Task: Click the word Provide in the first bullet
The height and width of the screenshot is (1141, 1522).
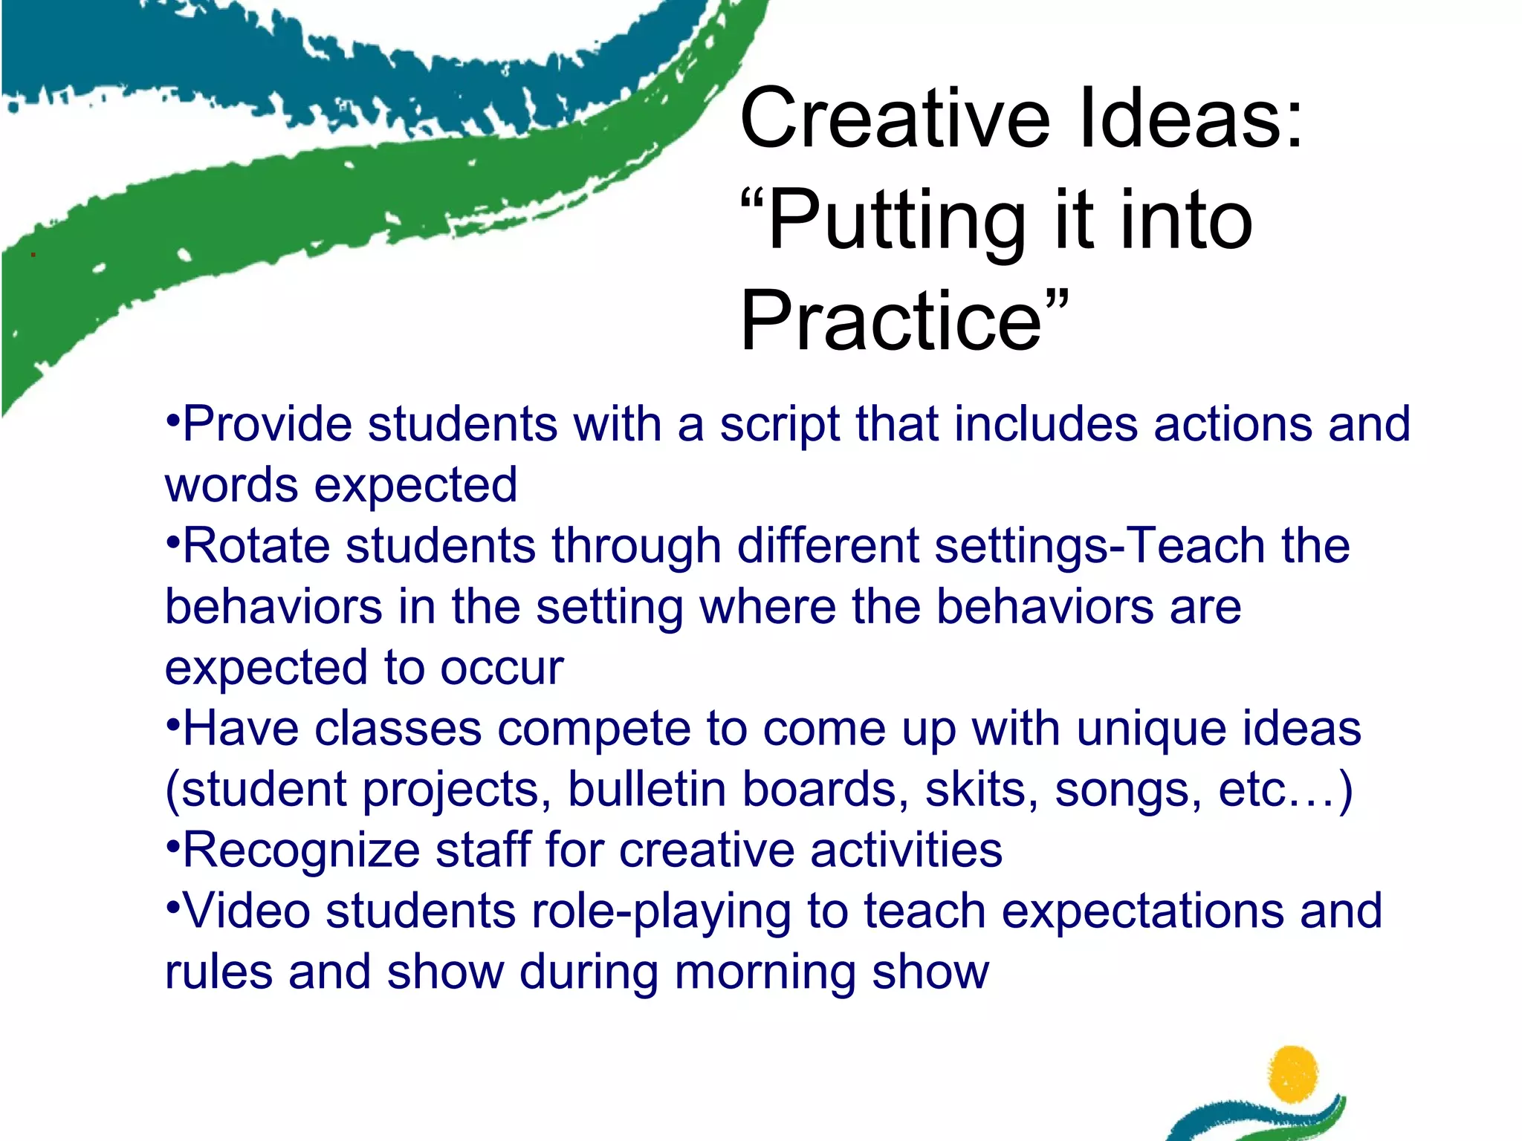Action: point(268,425)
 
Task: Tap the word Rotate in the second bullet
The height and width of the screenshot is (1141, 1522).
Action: point(256,546)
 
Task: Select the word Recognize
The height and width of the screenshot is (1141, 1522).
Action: point(301,851)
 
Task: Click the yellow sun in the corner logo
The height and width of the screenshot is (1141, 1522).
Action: point(1294,1073)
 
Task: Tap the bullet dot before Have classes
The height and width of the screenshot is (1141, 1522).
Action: point(172,721)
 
